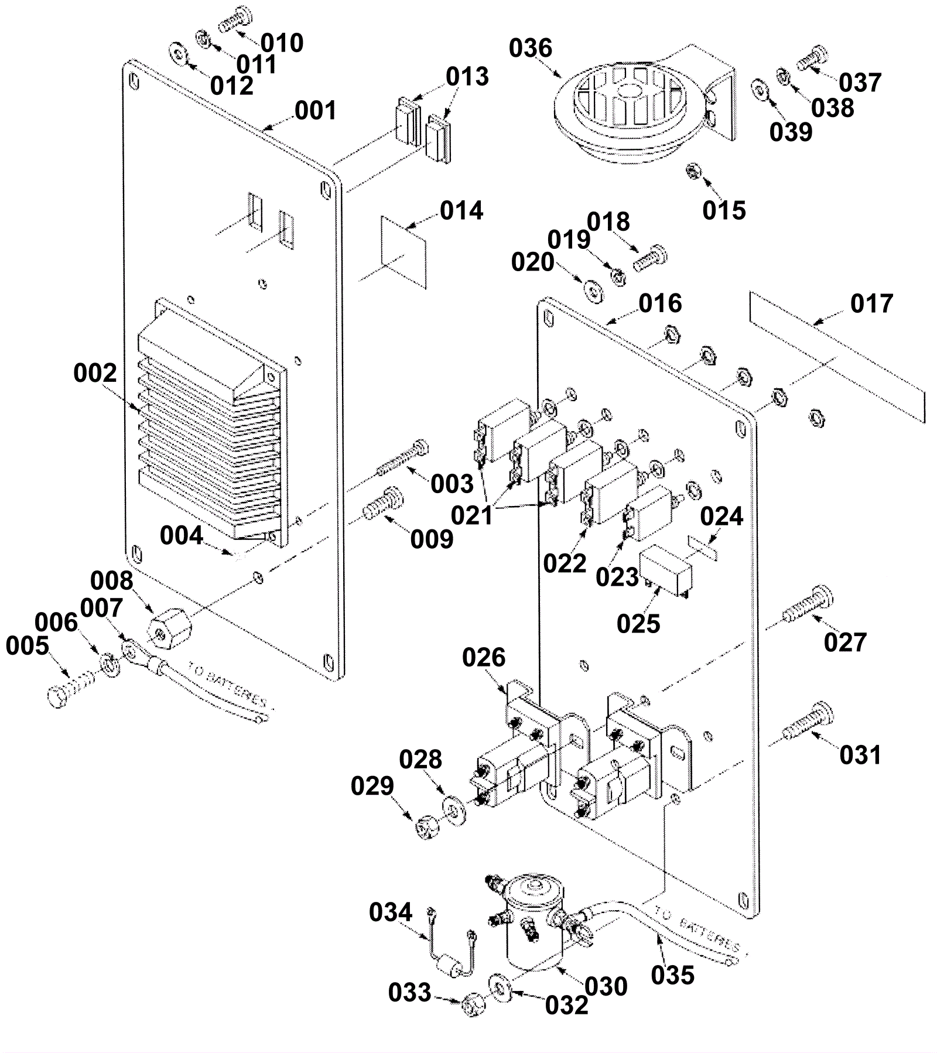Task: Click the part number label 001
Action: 315,111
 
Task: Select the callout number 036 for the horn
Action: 530,48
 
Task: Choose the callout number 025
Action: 638,624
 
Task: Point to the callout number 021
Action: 472,516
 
